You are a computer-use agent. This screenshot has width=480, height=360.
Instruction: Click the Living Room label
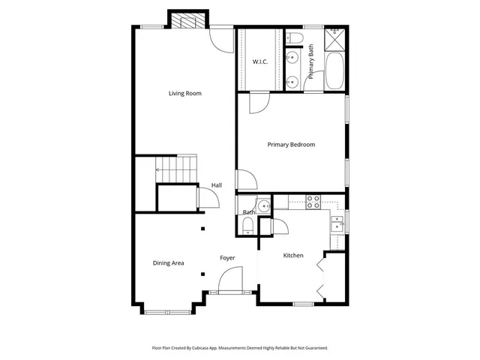point(184,94)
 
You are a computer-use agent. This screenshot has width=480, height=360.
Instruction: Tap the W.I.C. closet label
point(260,61)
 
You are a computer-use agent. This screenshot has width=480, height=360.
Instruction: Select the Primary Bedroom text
point(291,145)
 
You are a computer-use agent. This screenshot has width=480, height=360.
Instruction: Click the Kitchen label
point(292,256)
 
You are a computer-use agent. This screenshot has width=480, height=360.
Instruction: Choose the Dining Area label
point(168,263)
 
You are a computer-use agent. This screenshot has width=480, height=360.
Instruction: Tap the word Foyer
point(227,258)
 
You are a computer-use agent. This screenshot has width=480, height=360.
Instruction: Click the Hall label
point(216,185)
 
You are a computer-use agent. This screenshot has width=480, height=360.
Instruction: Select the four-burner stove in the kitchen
point(313,201)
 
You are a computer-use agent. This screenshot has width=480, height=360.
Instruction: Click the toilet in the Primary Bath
point(293,37)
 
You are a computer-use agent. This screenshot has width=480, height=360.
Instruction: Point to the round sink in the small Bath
point(263,206)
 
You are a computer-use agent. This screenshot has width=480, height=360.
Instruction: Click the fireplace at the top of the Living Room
point(186,20)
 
